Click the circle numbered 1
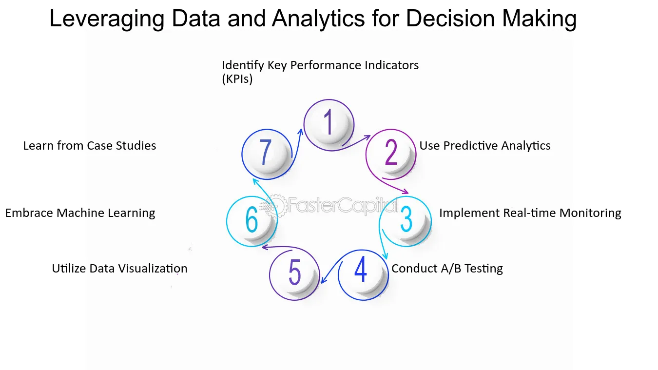(329, 125)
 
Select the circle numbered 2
(391, 155)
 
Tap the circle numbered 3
(406, 221)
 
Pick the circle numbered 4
(364, 275)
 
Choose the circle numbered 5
(294, 275)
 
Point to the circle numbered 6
(252, 221)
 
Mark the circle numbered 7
(267, 155)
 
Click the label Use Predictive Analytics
(484, 146)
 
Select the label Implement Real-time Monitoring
(530, 213)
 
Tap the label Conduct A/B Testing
(447, 269)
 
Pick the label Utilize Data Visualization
(119, 269)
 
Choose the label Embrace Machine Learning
(80, 213)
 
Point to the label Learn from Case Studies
(90, 146)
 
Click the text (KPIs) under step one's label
(237, 79)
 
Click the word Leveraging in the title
(107, 19)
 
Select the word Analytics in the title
(318, 19)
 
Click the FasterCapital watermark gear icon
(276, 205)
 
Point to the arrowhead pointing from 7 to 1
(300, 132)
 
